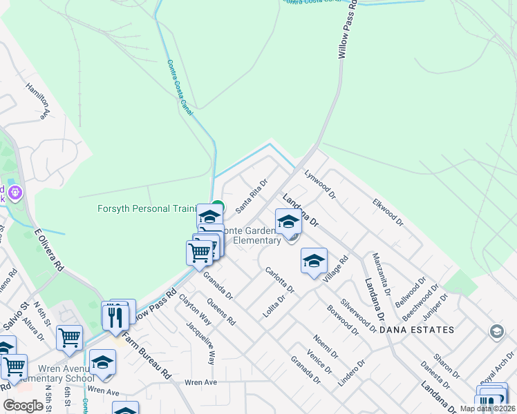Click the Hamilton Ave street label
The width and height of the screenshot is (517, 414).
[x=39, y=101]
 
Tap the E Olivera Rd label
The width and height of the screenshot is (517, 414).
[x=49, y=247]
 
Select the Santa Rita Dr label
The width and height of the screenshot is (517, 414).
[x=250, y=198]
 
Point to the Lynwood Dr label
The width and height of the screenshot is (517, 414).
[x=319, y=184]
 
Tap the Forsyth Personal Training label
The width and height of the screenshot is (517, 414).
[x=147, y=208]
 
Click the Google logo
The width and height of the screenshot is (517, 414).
[x=23, y=406]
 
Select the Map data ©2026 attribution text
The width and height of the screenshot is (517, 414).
[x=487, y=408]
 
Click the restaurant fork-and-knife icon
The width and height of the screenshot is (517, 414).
[x=115, y=317]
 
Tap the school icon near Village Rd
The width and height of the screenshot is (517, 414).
[x=314, y=262]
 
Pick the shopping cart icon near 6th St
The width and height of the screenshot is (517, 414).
[x=69, y=338]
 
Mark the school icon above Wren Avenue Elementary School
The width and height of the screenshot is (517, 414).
[x=102, y=362]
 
